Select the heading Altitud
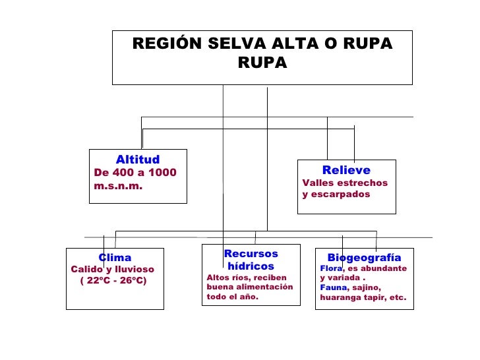138,160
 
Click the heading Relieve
346,170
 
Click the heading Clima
115,258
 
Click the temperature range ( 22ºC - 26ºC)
113,282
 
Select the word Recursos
251,254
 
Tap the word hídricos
251,266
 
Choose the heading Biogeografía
364,257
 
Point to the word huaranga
341,297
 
